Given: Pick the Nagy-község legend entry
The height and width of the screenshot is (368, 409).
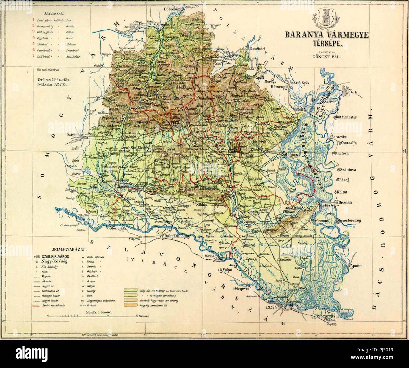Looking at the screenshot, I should click(x=53, y=262).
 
